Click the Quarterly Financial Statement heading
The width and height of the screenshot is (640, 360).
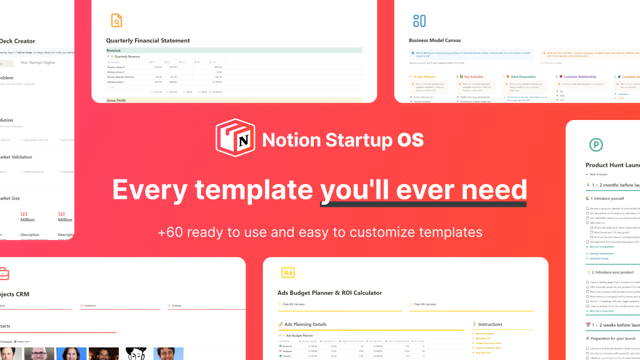pyautogui.click(x=148, y=41)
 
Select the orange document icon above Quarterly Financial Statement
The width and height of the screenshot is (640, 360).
pyautogui.click(x=117, y=21)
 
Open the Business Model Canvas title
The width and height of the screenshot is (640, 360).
pyautogui.click(x=435, y=41)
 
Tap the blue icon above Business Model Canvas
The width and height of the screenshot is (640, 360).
pyautogui.click(x=419, y=21)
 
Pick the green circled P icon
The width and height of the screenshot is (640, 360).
pyautogui.click(x=596, y=145)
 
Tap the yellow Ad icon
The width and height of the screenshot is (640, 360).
pyautogui.click(x=288, y=273)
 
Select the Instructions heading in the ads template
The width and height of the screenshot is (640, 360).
pyautogui.click(x=490, y=324)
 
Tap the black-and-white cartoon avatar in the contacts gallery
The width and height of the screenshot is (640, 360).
pyautogui.click(x=136, y=353)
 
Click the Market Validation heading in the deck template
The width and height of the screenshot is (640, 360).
pyautogui.click(x=15, y=157)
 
